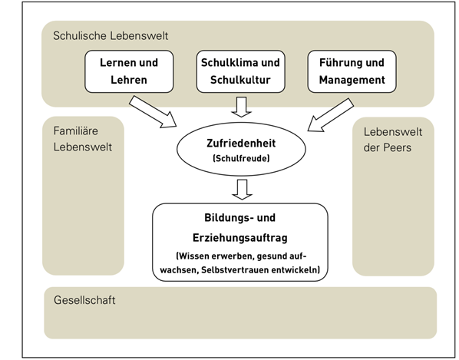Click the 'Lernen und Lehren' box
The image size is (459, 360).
[x=129, y=71]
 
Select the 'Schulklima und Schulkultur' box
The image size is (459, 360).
[x=240, y=71]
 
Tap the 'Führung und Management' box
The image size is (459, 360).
[x=352, y=71]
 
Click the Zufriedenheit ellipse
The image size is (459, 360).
[x=241, y=149]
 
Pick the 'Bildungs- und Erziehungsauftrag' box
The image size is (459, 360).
[x=240, y=243]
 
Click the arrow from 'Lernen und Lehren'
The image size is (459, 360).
[x=153, y=112]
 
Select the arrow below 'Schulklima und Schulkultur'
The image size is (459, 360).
[x=242, y=107]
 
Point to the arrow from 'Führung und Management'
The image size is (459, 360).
[x=331, y=115]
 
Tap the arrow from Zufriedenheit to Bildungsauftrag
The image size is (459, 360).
[x=242, y=190]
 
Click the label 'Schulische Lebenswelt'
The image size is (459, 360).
[x=111, y=36]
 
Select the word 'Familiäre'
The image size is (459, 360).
[x=75, y=130]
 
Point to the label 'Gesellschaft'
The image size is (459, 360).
[x=84, y=300]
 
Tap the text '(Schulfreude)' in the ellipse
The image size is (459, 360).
[x=241, y=158]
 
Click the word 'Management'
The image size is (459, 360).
[x=352, y=80]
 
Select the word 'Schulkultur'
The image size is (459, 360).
[x=240, y=80]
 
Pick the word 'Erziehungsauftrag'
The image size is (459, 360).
[x=240, y=238]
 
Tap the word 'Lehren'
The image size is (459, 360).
[x=129, y=80]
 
